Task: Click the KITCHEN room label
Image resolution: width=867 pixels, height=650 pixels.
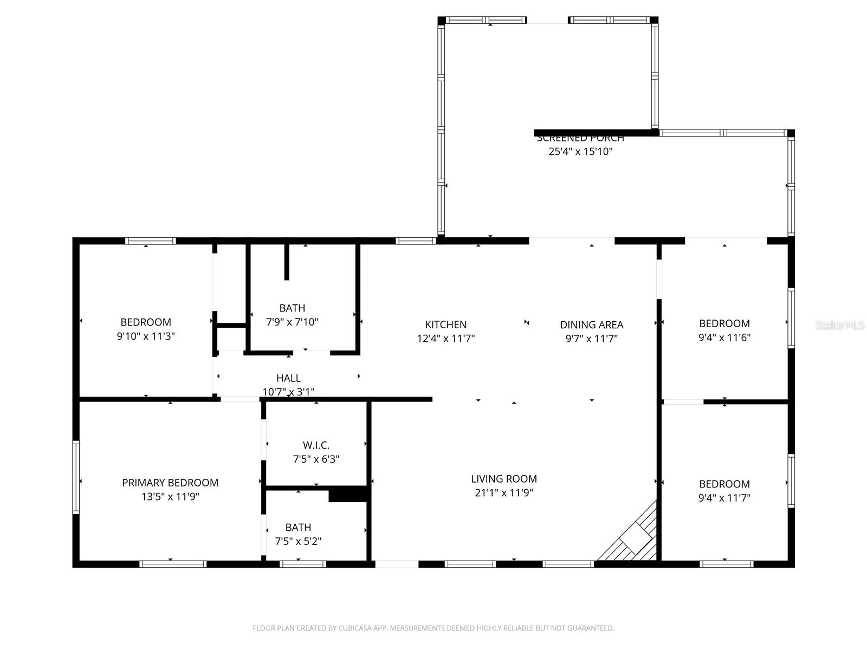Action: click(x=445, y=324)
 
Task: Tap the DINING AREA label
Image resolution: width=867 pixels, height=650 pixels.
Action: click(x=591, y=324)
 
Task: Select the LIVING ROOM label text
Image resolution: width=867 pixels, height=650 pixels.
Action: click(x=503, y=479)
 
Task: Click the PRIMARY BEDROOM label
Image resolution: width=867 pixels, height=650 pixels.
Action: click(x=170, y=483)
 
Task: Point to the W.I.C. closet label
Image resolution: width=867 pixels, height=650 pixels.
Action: click(x=316, y=445)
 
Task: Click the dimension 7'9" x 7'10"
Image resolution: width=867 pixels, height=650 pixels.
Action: click(x=292, y=322)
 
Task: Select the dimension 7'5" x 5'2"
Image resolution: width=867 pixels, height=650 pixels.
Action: click(x=298, y=541)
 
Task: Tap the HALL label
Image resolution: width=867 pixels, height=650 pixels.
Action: click(x=288, y=378)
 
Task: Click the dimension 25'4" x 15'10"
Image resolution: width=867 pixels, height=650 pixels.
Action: click(x=580, y=152)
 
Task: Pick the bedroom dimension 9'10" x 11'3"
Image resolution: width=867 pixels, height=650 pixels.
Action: click(x=146, y=336)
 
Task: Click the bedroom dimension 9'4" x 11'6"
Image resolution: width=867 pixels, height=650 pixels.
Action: click(x=724, y=337)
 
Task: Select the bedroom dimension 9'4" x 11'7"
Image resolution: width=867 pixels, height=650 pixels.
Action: click(x=724, y=498)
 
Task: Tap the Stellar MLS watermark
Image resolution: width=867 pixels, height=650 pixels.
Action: click(x=839, y=326)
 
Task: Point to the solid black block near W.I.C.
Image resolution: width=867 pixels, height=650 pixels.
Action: click(x=348, y=494)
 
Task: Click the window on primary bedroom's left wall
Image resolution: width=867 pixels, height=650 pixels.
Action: click(x=76, y=477)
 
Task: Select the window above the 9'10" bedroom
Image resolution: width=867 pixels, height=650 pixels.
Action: click(x=150, y=241)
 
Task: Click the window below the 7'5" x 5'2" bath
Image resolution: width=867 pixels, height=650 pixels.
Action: click(x=303, y=564)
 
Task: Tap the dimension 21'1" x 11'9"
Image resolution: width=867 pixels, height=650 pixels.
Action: click(x=503, y=493)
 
